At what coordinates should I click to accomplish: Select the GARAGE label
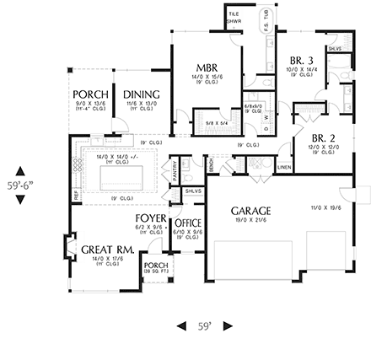(251, 210)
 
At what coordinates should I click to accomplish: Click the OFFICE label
(187, 223)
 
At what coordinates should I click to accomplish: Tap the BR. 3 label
(300, 60)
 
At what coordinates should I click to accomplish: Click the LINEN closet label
(285, 167)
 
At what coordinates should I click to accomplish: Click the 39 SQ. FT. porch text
(156, 271)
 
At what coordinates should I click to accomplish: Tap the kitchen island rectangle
(121, 176)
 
